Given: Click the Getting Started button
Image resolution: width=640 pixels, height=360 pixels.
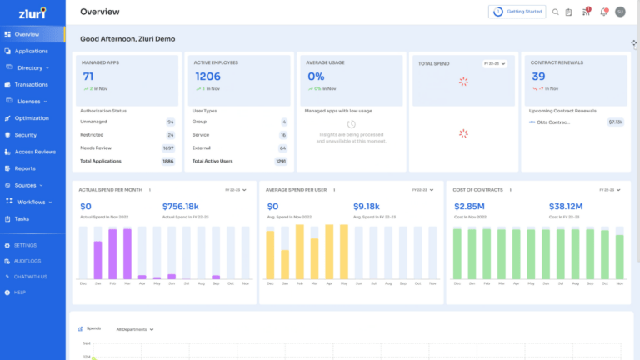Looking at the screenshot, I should click(x=511, y=12).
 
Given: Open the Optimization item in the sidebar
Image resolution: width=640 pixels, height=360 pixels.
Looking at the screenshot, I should click(x=32, y=118).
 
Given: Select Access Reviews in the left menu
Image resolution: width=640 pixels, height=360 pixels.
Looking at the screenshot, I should click(x=34, y=152).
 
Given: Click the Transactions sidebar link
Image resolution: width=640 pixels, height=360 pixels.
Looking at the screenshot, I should click(x=32, y=84).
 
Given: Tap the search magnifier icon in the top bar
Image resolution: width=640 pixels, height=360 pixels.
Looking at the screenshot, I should click(x=556, y=12).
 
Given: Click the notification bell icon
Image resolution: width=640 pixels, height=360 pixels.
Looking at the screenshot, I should click(x=603, y=12).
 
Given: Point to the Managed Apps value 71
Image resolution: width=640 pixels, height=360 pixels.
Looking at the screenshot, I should click(x=87, y=77).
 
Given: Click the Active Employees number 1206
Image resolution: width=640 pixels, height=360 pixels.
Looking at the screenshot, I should click(x=207, y=77).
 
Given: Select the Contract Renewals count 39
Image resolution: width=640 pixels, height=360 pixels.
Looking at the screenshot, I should click(x=538, y=77).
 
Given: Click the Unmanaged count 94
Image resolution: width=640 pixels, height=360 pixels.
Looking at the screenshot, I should click(x=170, y=122).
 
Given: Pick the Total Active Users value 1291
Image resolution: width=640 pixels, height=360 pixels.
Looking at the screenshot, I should click(x=281, y=161).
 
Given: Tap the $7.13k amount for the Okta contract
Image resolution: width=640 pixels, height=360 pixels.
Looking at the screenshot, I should click(x=615, y=122).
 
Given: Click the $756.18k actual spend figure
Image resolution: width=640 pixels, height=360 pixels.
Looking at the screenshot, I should click(x=180, y=206).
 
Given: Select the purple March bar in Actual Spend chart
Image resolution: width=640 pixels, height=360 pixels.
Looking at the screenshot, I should click(x=127, y=253).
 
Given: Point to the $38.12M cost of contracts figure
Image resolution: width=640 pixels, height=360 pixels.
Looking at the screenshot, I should click(x=566, y=206).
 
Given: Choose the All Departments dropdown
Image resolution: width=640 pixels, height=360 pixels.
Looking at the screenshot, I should click(x=134, y=329).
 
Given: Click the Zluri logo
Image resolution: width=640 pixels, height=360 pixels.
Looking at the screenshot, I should click(x=32, y=12).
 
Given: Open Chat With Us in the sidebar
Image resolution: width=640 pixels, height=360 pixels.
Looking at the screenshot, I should click(x=30, y=276).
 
